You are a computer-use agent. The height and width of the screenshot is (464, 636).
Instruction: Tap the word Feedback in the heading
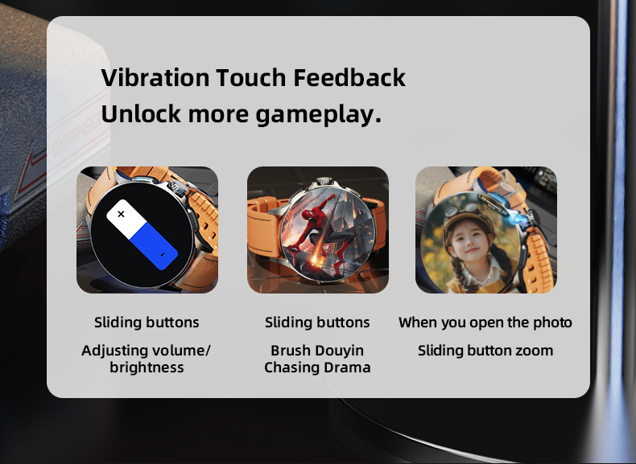click(349, 78)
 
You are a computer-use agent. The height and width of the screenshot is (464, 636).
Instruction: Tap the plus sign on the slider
click(122, 214)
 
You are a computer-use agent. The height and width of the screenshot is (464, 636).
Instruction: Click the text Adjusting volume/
click(146, 351)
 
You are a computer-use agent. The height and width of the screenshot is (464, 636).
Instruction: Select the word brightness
click(147, 368)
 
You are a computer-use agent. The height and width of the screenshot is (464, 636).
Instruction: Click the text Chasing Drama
click(317, 368)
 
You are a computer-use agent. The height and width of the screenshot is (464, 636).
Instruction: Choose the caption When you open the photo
click(485, 322)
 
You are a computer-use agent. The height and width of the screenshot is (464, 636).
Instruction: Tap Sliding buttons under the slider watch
click(147, 322)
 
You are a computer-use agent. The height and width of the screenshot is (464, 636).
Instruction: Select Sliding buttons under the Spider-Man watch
click(317, 322)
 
